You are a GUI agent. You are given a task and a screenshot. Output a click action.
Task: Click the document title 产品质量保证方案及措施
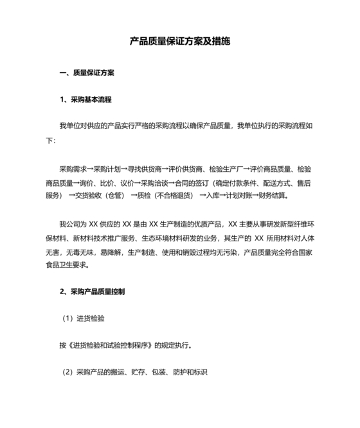(x=180, y=42)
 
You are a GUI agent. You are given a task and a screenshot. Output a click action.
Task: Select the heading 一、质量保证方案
(x=87, y=73)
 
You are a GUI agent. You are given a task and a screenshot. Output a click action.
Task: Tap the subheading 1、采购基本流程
(x=85, y=100)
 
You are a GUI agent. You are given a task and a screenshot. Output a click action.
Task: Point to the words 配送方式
(x=291, y=183)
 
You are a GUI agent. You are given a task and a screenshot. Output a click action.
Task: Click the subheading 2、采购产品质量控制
(x=93, y=292)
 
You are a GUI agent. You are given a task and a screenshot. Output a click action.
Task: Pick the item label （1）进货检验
(x=84, y=319)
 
